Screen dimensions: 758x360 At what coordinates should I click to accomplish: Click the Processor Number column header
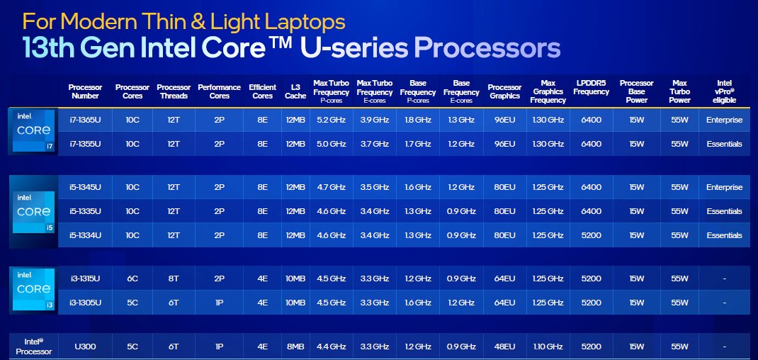click(85, 91)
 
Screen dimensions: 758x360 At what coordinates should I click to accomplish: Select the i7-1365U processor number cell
click(85, 120)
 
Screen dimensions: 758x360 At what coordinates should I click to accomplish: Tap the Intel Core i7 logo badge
click(33, 130)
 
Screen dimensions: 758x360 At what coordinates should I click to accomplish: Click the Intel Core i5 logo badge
click(33, 211)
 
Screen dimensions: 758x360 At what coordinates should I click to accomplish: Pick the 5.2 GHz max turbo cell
click(331, 120)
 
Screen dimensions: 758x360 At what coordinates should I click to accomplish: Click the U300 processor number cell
click(85, 347)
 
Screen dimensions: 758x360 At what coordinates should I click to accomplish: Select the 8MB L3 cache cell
click(295, 347)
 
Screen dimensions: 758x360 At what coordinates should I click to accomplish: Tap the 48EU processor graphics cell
click(504, 347)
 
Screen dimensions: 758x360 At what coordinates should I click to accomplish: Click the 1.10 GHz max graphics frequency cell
click(548, 347)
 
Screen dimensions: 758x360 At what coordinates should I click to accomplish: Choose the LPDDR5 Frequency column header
click(591, 87)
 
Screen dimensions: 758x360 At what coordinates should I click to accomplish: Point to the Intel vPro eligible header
click(724, 91)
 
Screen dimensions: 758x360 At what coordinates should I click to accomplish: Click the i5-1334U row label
click(85, 235)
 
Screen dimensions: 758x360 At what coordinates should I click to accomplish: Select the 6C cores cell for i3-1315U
click(132, 279)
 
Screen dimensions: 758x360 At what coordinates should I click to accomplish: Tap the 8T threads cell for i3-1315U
click(174, 279)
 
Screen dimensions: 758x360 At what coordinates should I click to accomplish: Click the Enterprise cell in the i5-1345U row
click(724, 187)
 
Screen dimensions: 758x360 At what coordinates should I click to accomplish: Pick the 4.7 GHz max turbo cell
click(331, 187)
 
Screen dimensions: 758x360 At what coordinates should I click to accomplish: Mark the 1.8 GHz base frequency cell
click(418, 120)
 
